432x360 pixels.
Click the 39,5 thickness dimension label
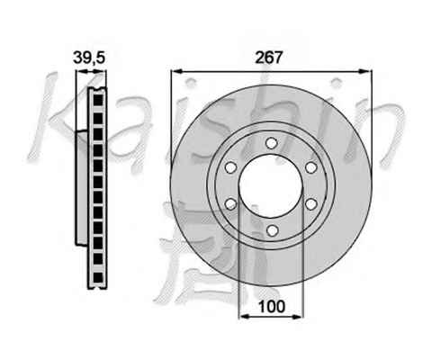[x=89, y=58]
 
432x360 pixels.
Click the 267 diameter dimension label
[x=269, y=58]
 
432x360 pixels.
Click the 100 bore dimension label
[x=272, y=306]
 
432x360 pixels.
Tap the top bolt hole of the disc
[x=271, y=143]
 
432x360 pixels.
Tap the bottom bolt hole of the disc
[x=272, y=230]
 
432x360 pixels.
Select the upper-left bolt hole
[x=230, y=167]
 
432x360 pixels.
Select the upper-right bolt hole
[x=311, y=167]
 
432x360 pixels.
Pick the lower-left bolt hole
[x=230, y=204]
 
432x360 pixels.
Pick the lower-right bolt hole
[x=311, y=204]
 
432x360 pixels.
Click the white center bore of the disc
[x=271, y=186]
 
